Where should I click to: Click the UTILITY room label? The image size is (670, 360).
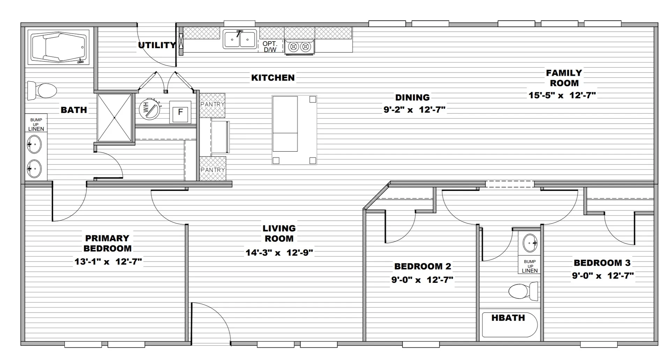(x=157, y=45)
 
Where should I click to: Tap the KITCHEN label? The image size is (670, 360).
(x=273, y=78)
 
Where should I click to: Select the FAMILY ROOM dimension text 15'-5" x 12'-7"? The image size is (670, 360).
(x=562, y=95)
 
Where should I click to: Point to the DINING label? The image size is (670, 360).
(x=412, y=97)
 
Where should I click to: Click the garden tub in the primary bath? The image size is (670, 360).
(x=59, y=47)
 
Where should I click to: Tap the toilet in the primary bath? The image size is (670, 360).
(x=42, y=91)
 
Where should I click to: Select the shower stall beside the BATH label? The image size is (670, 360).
(x=115, y=118)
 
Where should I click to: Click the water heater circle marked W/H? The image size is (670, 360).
(x=149, y=109)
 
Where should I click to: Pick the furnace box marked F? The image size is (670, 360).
(x=180, y=112)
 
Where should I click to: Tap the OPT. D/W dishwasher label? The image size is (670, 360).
(x=270, y=47)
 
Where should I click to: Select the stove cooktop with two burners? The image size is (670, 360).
(x=299, y=47)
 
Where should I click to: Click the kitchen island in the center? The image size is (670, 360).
(x=294, y=130)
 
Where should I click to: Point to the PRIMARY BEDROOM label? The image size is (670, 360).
(x=107, y=243)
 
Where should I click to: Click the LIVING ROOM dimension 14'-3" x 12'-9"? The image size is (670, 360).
(x=279, y=252)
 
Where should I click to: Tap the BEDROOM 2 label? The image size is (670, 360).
(x=423, y=266)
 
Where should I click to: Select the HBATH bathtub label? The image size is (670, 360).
(x=508, y=318)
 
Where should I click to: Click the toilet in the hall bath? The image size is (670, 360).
(x=523, y=291)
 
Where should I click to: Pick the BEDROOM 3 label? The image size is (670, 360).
(x=602, y=263)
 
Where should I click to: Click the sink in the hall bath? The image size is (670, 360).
(x=530, y=243)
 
